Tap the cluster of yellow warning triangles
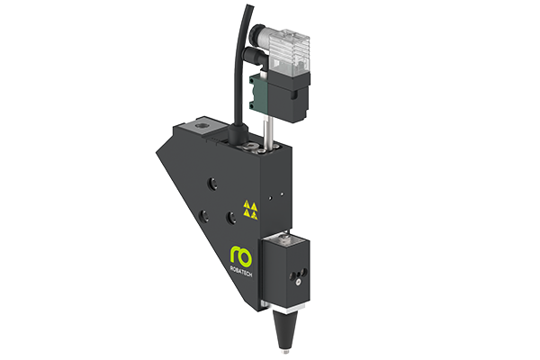251,211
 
